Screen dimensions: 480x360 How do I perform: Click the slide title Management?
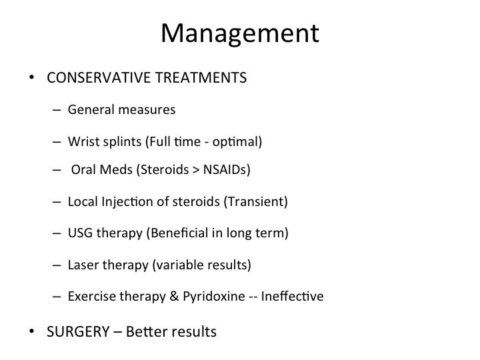pos(240,34)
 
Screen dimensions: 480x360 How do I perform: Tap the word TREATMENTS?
pos(201,77)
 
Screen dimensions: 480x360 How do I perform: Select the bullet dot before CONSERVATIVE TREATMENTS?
pos(31,77)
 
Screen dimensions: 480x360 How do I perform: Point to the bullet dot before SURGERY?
pos(31,331)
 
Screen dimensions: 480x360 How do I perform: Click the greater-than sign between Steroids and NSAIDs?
pos(196,170)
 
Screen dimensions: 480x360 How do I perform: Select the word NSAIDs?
pos(225,169)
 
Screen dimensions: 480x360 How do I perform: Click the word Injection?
pos(135,202)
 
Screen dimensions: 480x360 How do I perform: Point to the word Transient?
pos(255,202)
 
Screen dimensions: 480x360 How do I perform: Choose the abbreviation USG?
pos(80,233)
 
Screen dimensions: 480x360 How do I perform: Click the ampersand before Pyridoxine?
pos(174,296)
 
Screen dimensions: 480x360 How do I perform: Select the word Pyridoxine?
pos(214,297)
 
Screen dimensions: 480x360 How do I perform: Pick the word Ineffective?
pos(293,296)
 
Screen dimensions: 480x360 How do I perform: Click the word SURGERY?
pos(78,331)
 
